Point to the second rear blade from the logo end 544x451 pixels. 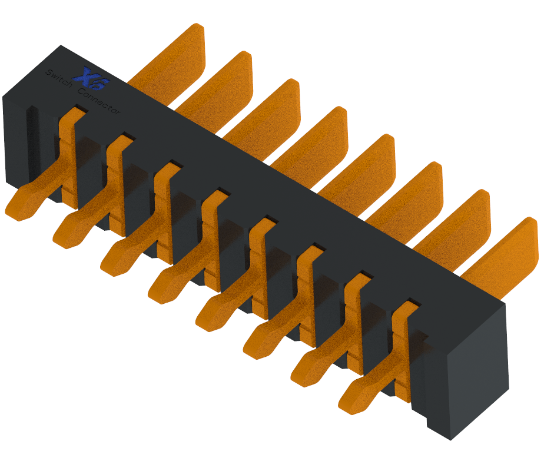click(x=221, y=85)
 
